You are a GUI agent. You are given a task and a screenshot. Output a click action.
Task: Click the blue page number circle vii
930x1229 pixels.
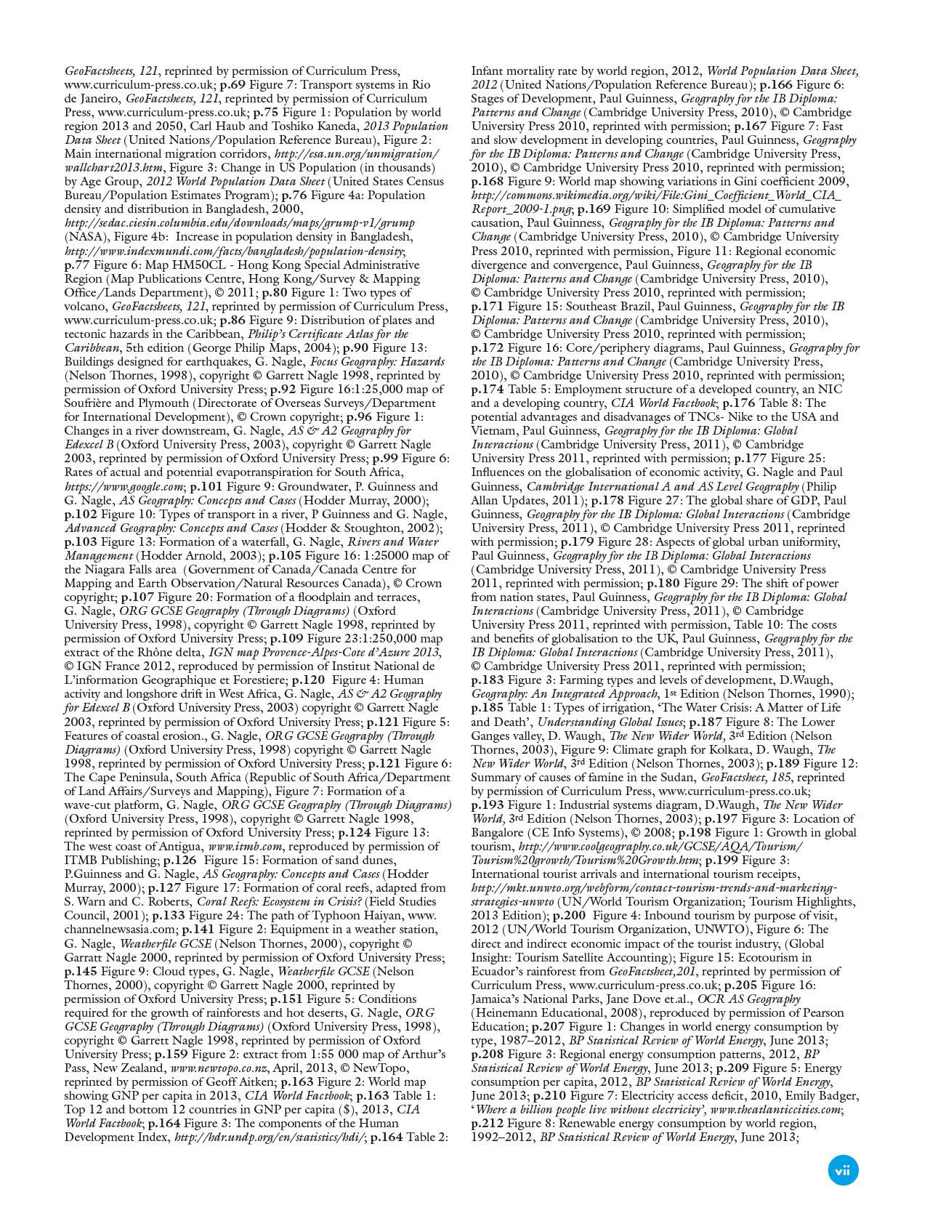click(x=843, y=1171)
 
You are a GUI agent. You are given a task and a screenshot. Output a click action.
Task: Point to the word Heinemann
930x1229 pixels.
click(x=508, y=1012)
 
